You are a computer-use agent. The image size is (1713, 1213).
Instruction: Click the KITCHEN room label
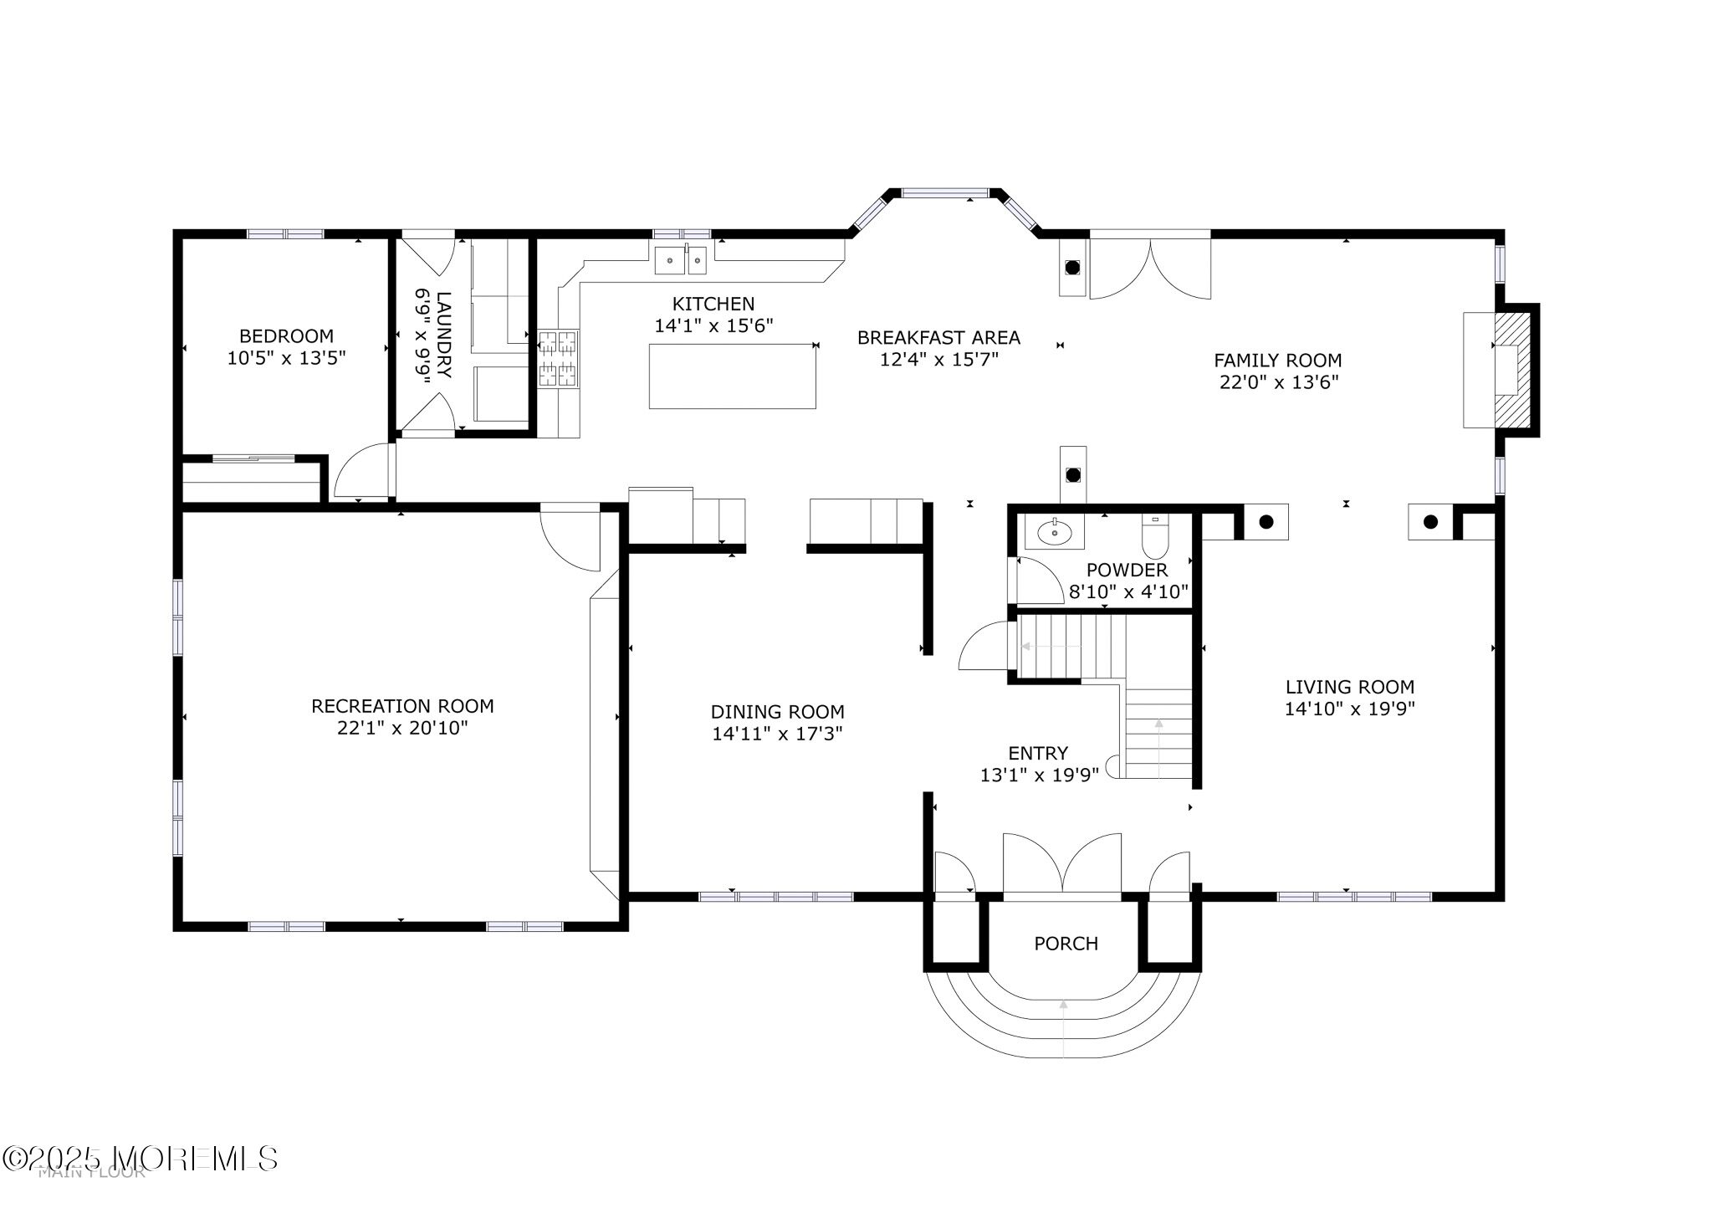tap(713, 304)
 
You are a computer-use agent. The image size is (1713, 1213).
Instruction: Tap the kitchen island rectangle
tap(732, 376)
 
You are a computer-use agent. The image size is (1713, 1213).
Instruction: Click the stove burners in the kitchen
tap(557, 359)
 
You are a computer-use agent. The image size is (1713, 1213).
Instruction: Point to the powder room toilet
tap(1155, 537)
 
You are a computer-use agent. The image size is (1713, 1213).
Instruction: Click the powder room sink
tap(1054, 531)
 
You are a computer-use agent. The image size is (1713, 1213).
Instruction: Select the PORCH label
tap(1066, 944)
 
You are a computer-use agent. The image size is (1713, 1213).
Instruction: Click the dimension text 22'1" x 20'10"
tap(402, 728)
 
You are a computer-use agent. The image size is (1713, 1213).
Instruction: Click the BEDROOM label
tap(286, 336)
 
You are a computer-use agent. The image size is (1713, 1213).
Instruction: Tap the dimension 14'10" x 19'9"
tap(1349, 709)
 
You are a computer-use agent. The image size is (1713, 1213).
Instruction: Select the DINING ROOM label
tap(777, 712)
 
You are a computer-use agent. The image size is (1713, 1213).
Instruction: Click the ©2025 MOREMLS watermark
tap(140, 1159)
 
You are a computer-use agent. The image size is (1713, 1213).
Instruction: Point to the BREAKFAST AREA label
tap(938, 338)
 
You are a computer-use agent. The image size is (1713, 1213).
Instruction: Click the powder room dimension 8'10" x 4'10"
tap(1128, 592)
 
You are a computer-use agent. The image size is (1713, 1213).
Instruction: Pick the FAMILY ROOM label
tap(1277, 361)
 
